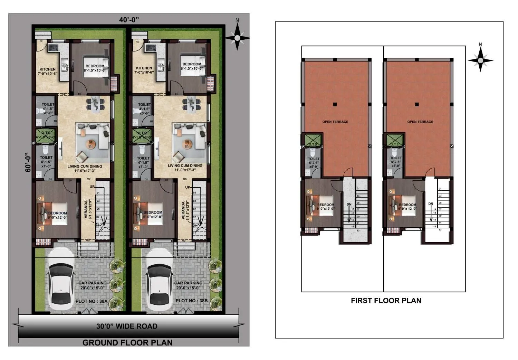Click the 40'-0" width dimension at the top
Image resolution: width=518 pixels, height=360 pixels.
click(129, 20)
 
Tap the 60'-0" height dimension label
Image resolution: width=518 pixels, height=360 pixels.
click(28, 162)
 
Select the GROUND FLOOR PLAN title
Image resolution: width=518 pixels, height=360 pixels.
click(127, 342)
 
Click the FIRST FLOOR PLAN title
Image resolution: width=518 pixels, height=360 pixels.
click(386, 301)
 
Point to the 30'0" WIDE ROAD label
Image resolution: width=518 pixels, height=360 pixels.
click(127, 326)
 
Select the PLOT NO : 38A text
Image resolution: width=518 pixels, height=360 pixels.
click(91, 301)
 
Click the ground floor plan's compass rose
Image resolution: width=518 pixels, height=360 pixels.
click(237, 37)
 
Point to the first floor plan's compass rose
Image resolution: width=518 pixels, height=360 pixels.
click(480, 60)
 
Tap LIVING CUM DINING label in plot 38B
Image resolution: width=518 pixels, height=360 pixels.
click(185, 166)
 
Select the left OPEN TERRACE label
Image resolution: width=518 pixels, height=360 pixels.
click(335, 122)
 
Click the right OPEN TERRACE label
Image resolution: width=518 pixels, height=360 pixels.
click(420, 122)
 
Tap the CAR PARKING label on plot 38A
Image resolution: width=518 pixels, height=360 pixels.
click(92, 283)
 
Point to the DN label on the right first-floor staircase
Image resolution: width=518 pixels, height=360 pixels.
click(431, 204)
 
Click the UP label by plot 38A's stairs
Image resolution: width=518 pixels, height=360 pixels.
click(92, 187)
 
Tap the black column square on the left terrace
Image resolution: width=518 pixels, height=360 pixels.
click(335, 104)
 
